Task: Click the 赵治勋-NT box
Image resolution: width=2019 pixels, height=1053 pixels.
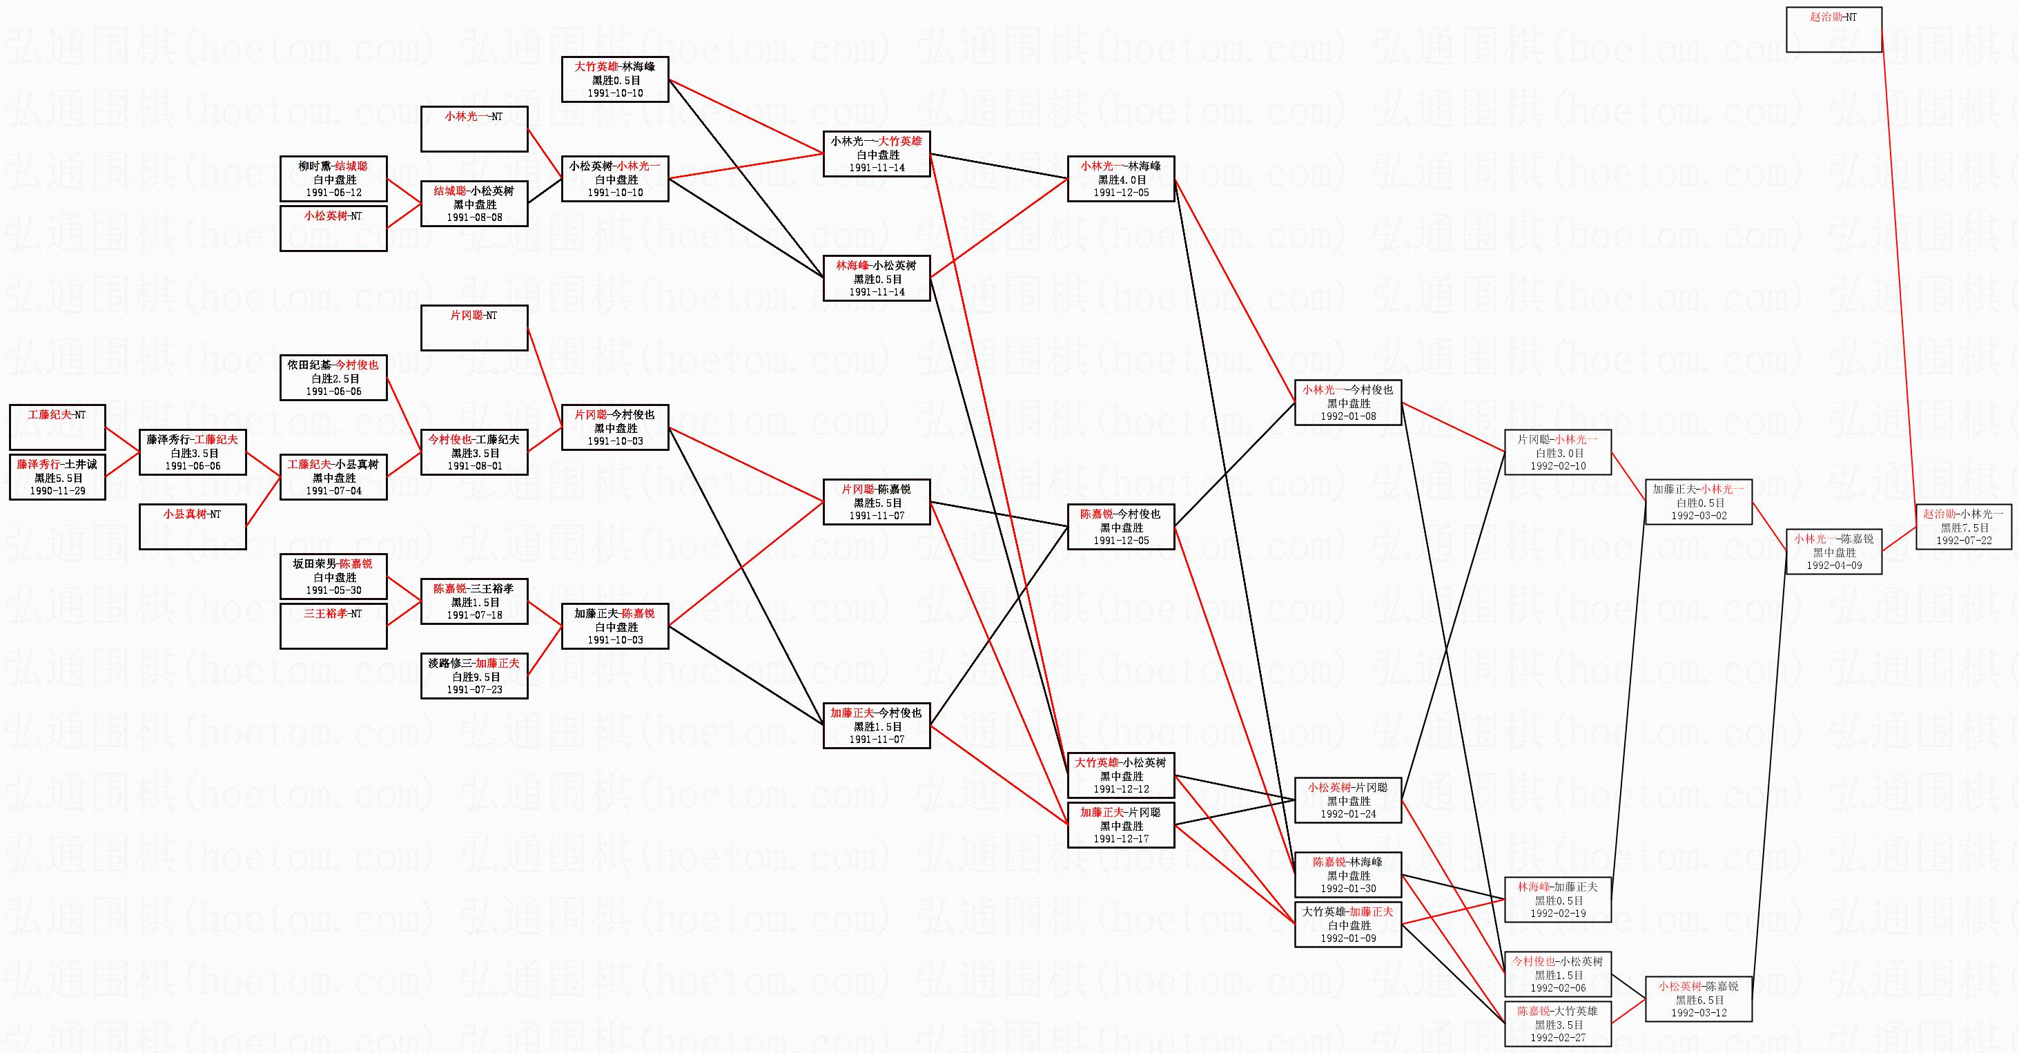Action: (x=1833, y=30)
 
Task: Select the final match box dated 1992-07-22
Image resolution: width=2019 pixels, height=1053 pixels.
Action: (x=1963, y=527)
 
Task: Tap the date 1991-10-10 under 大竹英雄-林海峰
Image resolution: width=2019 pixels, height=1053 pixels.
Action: (x=615, y=93)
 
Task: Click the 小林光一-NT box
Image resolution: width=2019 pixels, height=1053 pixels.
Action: (x=474, y=128)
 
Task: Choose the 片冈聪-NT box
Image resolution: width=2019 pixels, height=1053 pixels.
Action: (x=474, y=328)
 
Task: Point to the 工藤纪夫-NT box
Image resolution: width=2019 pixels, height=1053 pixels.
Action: (x=57, y=427)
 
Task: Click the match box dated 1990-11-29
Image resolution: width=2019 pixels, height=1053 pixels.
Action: (x=57, y=476)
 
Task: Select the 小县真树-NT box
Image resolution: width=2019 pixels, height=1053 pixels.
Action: (x=192, y=527)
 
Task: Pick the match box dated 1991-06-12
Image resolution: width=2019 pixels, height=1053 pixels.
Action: (x=333, y=179)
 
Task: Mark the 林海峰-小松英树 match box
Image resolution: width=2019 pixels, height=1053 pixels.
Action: (x=876, y=278)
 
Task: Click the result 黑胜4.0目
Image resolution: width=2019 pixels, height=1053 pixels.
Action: (x=1121, y=180)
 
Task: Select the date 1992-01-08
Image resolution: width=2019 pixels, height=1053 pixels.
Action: (x=1348, y=416)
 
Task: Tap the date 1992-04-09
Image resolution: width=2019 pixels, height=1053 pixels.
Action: (x=1834, y=566)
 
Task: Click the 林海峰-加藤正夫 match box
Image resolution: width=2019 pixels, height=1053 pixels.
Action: (x=1557, y=899)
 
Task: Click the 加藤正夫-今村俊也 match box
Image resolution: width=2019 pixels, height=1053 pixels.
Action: (x=876, y=726)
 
